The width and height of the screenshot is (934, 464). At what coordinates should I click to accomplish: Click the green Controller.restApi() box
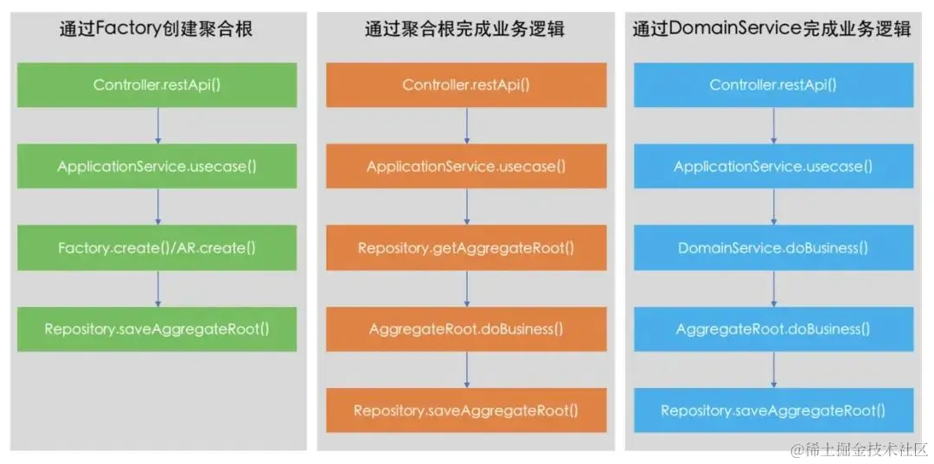coord(157,85)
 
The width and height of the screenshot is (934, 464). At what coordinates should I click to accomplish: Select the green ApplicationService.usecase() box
coord(157,166)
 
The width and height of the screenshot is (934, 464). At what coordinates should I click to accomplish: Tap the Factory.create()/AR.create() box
coord(157,247)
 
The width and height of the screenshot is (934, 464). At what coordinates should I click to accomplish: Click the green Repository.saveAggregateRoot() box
coord(157,328)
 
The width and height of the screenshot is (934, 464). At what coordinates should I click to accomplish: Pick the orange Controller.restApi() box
coord(466,85)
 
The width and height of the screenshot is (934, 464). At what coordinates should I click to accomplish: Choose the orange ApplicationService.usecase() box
coord(466,166)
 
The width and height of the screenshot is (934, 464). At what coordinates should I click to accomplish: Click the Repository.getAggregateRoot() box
coord(466,248)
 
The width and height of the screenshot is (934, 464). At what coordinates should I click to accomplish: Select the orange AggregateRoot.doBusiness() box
coord(466,329)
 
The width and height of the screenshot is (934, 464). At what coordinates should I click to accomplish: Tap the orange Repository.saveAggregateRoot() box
coord(466,410)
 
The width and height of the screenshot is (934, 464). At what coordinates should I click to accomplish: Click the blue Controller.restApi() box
coord(773,85)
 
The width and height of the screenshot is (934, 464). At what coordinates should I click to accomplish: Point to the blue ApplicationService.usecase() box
coord(773,166)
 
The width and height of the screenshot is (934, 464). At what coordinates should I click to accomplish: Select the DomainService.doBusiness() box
coord(773,248)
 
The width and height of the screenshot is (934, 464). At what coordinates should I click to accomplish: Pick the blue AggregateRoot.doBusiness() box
coord(773,329)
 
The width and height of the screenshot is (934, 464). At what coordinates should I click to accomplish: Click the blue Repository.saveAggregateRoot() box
coord(773,410)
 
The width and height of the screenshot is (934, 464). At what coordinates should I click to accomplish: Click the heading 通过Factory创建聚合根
coord(157,29)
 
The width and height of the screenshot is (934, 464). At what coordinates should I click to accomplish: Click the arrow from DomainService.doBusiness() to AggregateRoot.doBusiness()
coord(773,289)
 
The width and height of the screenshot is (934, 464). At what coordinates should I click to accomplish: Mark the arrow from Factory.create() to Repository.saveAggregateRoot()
coord(157,288)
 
